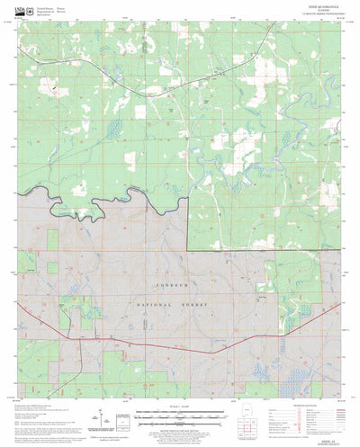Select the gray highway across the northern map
tap(135, 83)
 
